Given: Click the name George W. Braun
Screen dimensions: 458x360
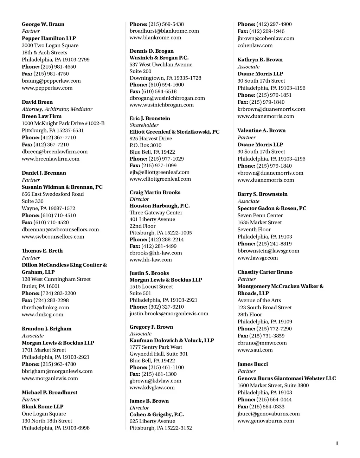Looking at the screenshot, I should tap(43, 24).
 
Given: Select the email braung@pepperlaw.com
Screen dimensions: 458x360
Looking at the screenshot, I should tap(51, 81).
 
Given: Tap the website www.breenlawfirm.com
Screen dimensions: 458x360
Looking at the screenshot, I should tap(51, 159).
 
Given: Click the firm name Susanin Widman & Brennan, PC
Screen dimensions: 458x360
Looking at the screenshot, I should tap(62, 187).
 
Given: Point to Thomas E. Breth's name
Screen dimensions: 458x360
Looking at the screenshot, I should tap(42, 251).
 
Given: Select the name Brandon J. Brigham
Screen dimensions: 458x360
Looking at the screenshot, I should tap(46, 329).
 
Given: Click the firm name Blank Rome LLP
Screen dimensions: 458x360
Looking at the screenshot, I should tap(43, 407).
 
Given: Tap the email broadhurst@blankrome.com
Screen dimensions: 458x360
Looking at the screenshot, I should tap(164, 31).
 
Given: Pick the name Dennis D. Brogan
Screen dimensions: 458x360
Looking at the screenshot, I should tap(152, 51).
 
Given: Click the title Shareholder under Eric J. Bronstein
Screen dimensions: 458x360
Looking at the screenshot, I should tap(144, 125).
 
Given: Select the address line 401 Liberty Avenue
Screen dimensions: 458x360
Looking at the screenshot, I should tap(152, 219).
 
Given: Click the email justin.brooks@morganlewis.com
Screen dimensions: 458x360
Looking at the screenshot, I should tap(169, 314).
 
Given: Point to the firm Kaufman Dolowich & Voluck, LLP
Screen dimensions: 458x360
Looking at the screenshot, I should tap(172, 340).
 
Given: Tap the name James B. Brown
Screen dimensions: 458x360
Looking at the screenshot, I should tap(149, 401).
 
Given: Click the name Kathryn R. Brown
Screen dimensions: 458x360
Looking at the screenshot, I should tap(260, 60).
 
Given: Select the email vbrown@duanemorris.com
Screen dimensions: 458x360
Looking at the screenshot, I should tap(270, 173).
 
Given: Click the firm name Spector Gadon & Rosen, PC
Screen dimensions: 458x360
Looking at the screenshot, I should tap(272, 208).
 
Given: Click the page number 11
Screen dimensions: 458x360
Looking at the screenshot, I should tap(336, 443).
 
